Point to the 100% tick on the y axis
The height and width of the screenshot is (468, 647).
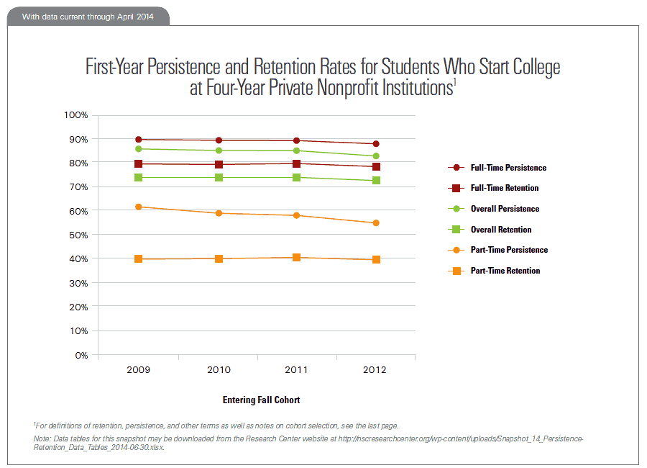75,115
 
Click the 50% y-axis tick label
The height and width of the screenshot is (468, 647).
78,235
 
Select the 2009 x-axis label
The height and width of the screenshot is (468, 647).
138,369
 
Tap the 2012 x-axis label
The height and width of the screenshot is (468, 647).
375,369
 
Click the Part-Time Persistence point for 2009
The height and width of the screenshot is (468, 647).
138,207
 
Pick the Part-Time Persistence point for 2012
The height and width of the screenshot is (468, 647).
375,223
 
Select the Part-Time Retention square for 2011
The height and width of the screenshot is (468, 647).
296,257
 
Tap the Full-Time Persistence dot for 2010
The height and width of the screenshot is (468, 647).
218,140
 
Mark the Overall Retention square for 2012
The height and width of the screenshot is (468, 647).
375,180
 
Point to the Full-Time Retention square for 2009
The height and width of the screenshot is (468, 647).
138,163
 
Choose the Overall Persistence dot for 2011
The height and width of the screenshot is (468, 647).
296,150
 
